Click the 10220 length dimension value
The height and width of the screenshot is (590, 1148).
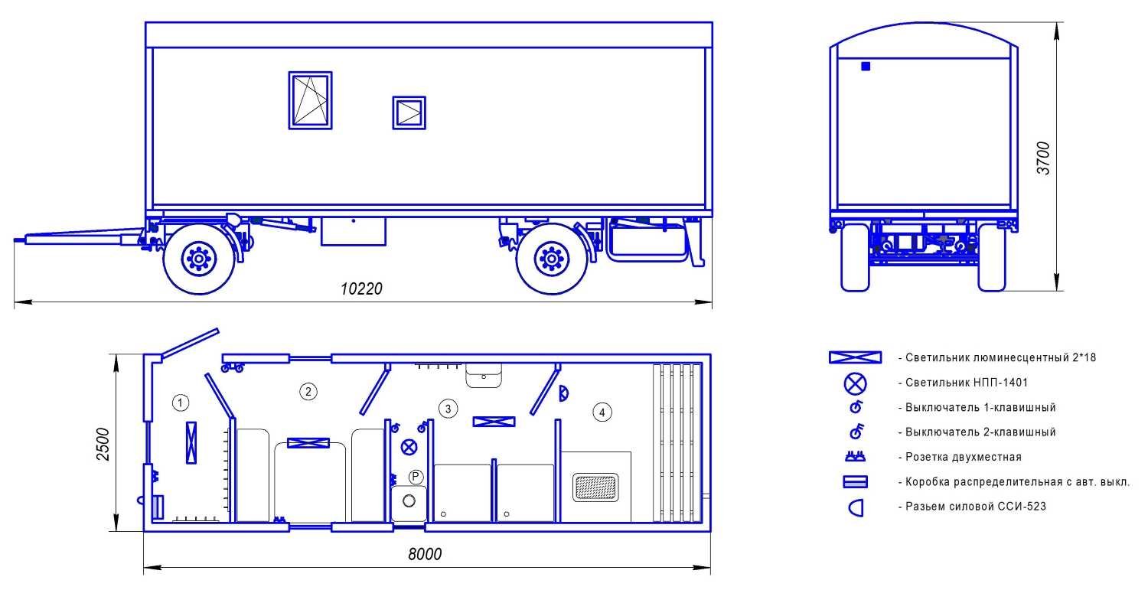[361, 289]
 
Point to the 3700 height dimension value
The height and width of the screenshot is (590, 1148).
[1043, 158]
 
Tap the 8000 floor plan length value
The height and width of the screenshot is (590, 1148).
[425, 554]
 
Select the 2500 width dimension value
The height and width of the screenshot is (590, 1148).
[103, 445]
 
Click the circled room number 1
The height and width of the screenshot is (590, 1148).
[180, 403]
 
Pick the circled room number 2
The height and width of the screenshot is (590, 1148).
[308, 392]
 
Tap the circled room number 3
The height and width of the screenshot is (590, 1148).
[448, 409]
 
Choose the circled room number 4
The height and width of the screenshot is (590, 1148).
[602, 412]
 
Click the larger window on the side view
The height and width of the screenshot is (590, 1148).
[310, 100]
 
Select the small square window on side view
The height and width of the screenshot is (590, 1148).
[409, 112]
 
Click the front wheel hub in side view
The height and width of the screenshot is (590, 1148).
[198, 259]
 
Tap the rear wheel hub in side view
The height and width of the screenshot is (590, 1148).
[552, 259]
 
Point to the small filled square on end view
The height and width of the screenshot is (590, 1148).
[866, 66]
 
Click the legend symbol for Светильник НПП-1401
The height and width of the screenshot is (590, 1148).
[856, 383]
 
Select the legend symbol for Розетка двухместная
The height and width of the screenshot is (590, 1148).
[855, 456]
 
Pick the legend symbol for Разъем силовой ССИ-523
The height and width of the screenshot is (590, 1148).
[856, 508]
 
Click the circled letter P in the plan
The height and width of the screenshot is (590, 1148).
[416, 478]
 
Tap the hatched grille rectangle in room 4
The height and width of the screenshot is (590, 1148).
[595, 487]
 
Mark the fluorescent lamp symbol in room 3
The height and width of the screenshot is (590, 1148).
[494, 422]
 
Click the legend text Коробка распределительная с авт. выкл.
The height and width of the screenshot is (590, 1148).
[1017, 482]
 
